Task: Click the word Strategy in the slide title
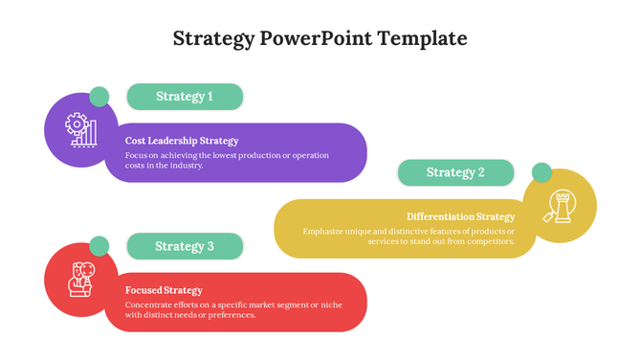point(213,39)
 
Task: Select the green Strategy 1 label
point(185,97)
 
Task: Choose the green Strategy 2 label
point(455,172)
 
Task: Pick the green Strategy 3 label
point(185,246)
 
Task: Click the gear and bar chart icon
point(80,129)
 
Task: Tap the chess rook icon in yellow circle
point(560,205)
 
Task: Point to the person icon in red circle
point(80,279)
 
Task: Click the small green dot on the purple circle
point(99,97)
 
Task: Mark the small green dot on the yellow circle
point(542,172)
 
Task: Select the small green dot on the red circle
point(99,246)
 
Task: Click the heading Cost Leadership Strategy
point(182,141)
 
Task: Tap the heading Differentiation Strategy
point(460,216)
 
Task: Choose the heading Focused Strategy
point(164,290)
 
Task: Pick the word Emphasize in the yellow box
point(325,231)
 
